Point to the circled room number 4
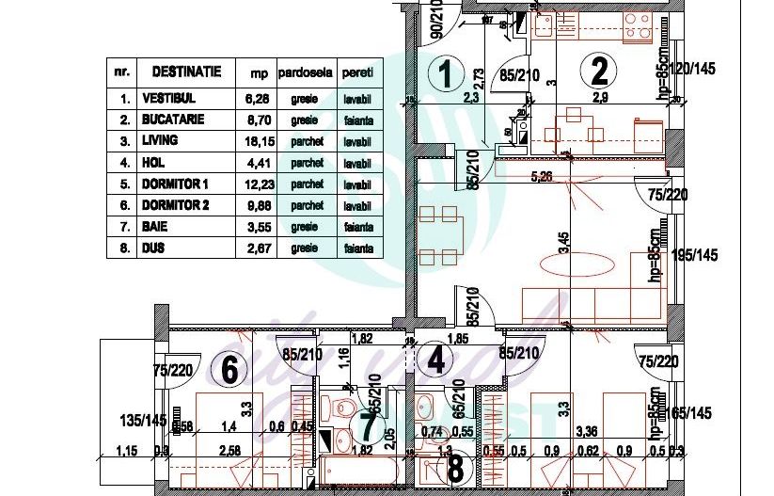434,359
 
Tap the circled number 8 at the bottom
456,468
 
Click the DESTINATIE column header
180,72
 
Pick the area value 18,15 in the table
258,141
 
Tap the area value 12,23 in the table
258,184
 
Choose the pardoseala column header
304,72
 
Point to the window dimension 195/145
698,255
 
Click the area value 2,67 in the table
258,248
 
